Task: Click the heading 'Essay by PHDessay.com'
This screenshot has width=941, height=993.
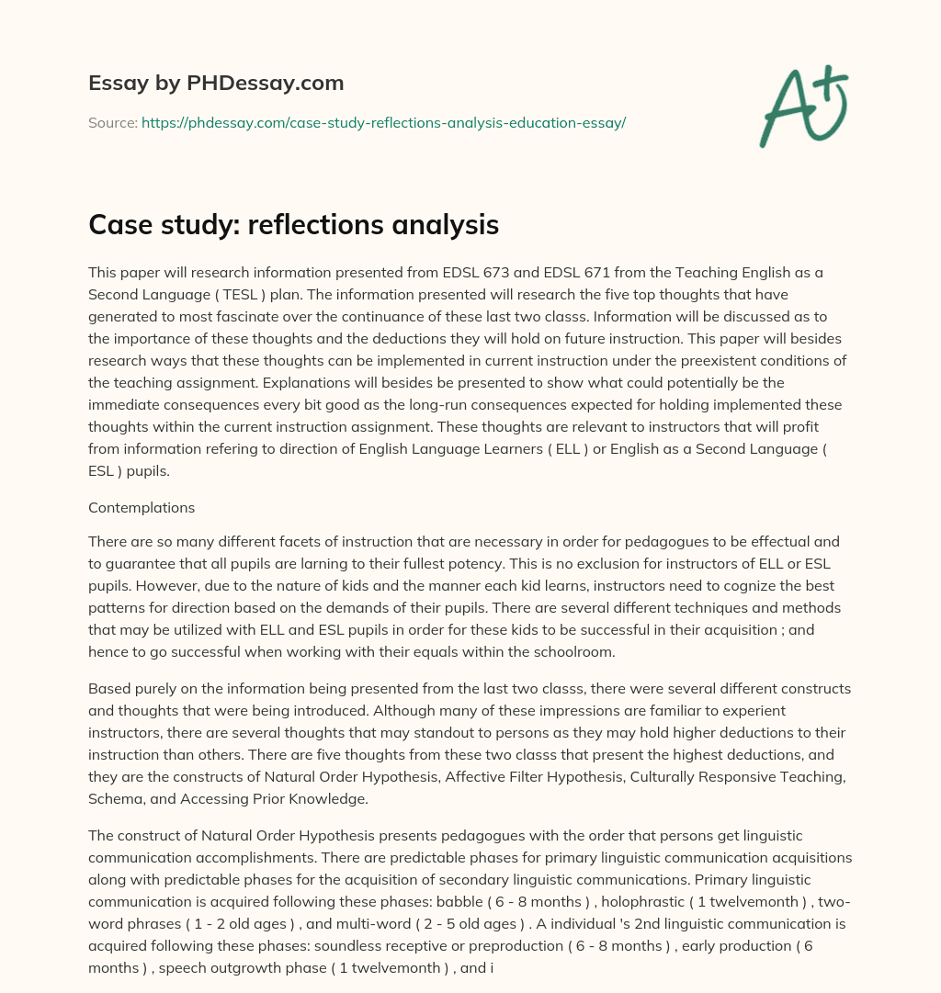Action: (x=216, y=84)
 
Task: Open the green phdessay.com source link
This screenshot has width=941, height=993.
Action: (x=383, y=122)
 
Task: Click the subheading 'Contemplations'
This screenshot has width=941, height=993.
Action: (x=142, y=507)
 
